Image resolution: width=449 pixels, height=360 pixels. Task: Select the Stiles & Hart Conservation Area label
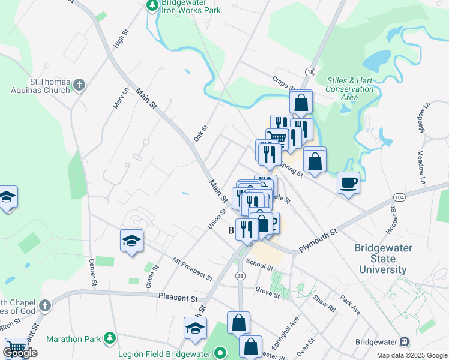point(349,89)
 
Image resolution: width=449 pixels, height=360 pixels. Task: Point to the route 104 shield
point(399,197)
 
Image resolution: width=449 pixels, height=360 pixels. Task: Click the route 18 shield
point(309,72)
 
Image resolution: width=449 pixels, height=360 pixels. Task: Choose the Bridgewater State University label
point(383,259)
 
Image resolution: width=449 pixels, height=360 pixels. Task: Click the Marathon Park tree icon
point(109,339)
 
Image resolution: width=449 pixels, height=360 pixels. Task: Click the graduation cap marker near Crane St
point(131,241)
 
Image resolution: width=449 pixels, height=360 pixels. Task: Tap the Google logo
point(20,353)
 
